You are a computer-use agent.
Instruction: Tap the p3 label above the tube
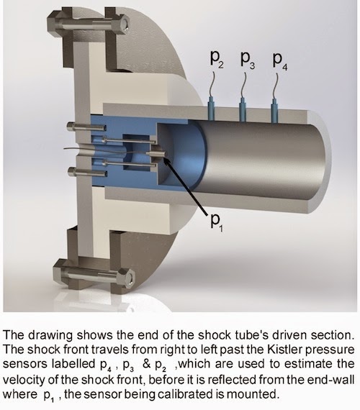248,60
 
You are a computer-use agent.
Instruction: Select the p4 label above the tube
280,61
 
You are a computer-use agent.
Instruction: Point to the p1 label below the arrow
217,222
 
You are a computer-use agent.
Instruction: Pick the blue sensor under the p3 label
243,109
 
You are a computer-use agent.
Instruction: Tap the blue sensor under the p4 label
274,111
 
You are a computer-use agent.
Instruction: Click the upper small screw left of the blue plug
87,127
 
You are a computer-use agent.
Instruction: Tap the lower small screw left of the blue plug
87,173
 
